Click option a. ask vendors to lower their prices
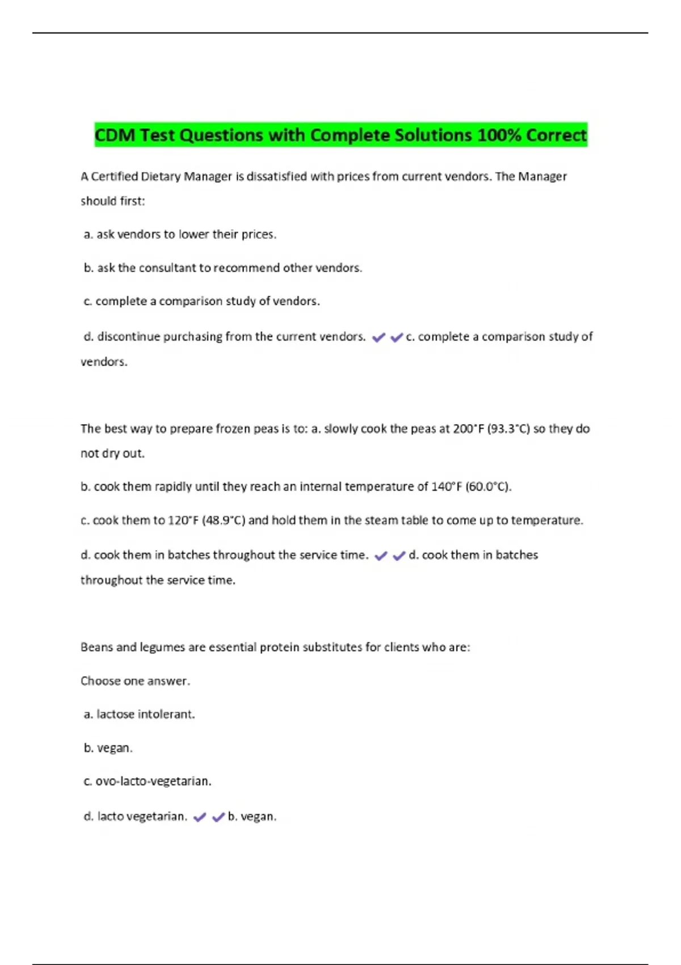[x=180, y=234]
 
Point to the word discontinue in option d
[x=129, y=337]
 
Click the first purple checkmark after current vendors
[x=379, y=338]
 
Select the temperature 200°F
[x=469, y=429]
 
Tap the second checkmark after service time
[x=399, y=556]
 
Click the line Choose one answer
[x=135, y=681]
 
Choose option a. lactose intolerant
[x=139, y=714]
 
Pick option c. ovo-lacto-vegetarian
[x=148, y=781]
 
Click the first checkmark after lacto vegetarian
[x=200, y=817]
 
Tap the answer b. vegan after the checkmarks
[x=252, y=817]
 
